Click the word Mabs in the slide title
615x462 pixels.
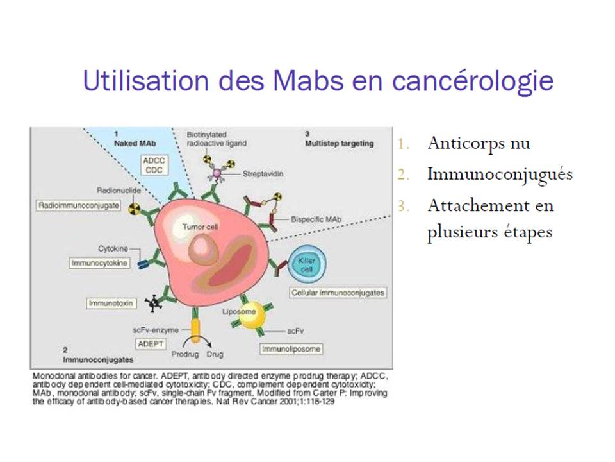click(x=308, y=81)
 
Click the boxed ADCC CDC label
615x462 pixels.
click(x=154, y=165)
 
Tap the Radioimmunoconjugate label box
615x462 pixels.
click(x=78, y=205)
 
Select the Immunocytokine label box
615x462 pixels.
click(x=99, y=263)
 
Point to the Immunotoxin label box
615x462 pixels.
click(x=111, y=304)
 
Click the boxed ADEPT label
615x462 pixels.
click(x=151, y=344)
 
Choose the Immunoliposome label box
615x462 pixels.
click(x=291, y=349)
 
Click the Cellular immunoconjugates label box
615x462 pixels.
click(x=338, y=293)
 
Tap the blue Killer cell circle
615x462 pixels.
click(x=307, y=264)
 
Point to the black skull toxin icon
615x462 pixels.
click(x=153, y=303)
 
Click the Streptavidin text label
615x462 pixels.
click(x=263, y=174)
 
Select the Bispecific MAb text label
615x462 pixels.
click(x=316, y=219)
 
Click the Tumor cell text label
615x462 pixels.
click(x=200, y=227)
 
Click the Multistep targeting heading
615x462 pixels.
click(x=340, y=143)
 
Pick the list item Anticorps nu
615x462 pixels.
click(x=479, y=143)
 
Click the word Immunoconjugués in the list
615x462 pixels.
click(x=500, y=175)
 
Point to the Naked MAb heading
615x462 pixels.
click(x=135, y=143)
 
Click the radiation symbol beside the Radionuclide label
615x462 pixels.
click(x=135, y=209)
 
